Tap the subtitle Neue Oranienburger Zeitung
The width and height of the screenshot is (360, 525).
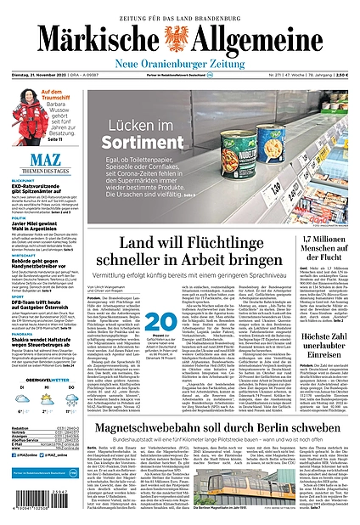pyautogui.click(x=180, y=54)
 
